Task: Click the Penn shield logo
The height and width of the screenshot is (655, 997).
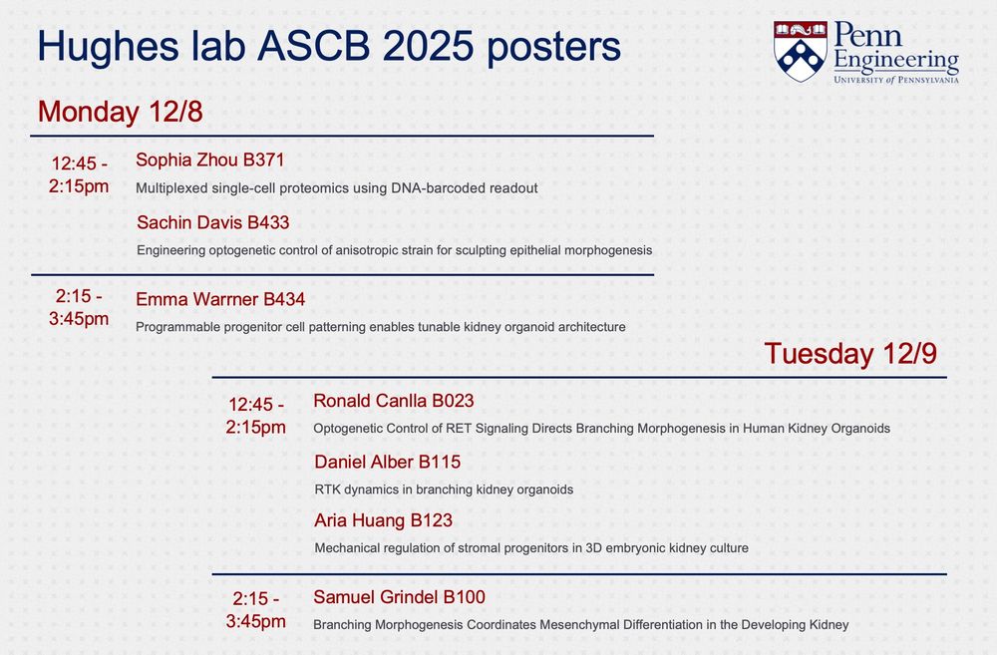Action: (x=800, y=51)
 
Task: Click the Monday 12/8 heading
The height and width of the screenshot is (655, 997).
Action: (x=121, y=112)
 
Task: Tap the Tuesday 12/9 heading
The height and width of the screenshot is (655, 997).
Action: (x=850, y=354)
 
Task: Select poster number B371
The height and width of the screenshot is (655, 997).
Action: (x=264, y=160)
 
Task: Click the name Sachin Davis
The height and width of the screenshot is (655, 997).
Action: (x=189, y=222)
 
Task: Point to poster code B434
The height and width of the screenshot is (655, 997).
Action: (x=284, y=299)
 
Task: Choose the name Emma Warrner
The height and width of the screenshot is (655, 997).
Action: (x=197, y=299)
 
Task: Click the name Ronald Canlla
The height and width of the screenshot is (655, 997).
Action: (x=370, y=401)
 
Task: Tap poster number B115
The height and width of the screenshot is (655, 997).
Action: (x=440, y=462)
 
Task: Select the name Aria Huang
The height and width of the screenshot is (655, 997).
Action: (x=360, y=520)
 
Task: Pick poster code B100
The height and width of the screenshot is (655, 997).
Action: (x=465, y=597)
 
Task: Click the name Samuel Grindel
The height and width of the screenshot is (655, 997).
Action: (x=376, y=597)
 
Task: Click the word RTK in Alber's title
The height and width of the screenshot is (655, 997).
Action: (x=327, y=490)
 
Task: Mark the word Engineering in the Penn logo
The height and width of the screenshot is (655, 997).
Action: (x=896, y=61)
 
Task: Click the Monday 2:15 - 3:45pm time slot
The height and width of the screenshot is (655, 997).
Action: (x=79, y=307)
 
